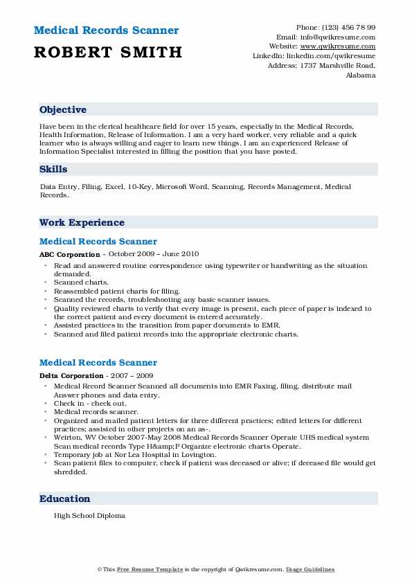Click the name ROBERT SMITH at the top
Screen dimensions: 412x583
pyautogui.click(x=108, y=52)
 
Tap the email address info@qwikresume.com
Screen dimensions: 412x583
pyautogui.click(x=344, y=37)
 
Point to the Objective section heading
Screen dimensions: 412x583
pyautogui.click(x=63, y=110)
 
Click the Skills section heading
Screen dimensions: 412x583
pyautogui.click(x=53, y=170)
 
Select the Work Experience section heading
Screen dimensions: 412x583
pyautogui.click(x=82, y=222)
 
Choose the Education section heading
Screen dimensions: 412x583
pyautogui.click(x=65, y=499)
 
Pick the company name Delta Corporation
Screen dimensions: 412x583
pyautogui.click(x=66, y=375)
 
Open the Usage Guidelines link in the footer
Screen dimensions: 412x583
pyautogui.click(x=312, y=569)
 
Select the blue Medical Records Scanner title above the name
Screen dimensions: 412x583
pyautogui.click(x=106, y=30)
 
